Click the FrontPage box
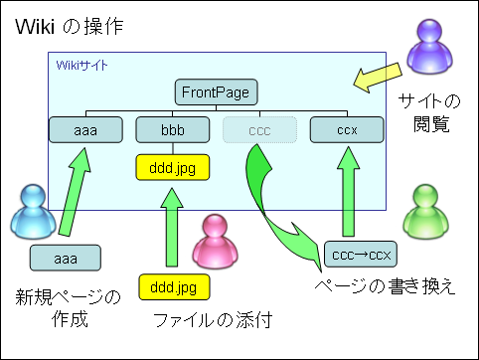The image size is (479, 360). [216, 92]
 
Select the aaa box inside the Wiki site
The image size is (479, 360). [85, 130]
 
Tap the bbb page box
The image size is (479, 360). [173, 130]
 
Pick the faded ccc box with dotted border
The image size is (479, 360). [259, 130]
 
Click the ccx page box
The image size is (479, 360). [347, 130]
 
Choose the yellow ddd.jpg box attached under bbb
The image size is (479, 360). [173, 167]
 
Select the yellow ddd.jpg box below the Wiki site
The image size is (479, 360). [174, 287]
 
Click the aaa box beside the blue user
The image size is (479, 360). [66, 258]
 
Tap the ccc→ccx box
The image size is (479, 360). [361, 255]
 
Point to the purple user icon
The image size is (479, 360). [429, 47]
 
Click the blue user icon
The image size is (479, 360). [33, 212]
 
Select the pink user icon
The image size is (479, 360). [216, 242]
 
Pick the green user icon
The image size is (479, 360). [426, 212]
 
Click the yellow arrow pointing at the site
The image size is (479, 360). [378, 78]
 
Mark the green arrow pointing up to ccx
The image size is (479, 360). [348, 192]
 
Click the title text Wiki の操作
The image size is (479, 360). [70, 27]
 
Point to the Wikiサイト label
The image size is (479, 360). [81, 66]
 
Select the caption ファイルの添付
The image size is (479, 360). [213, 320]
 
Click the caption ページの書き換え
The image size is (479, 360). [385, 286]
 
